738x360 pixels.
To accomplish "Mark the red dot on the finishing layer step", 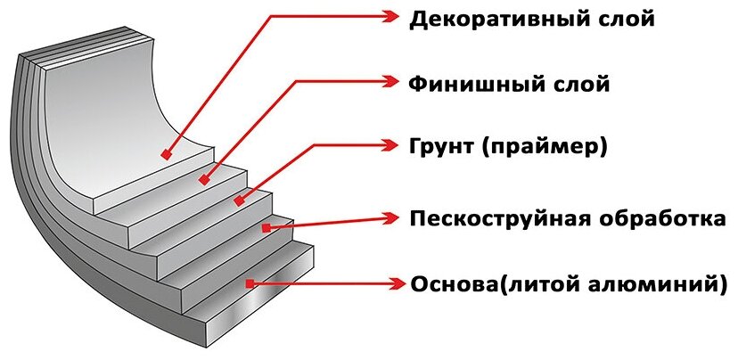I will coord(204,179).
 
